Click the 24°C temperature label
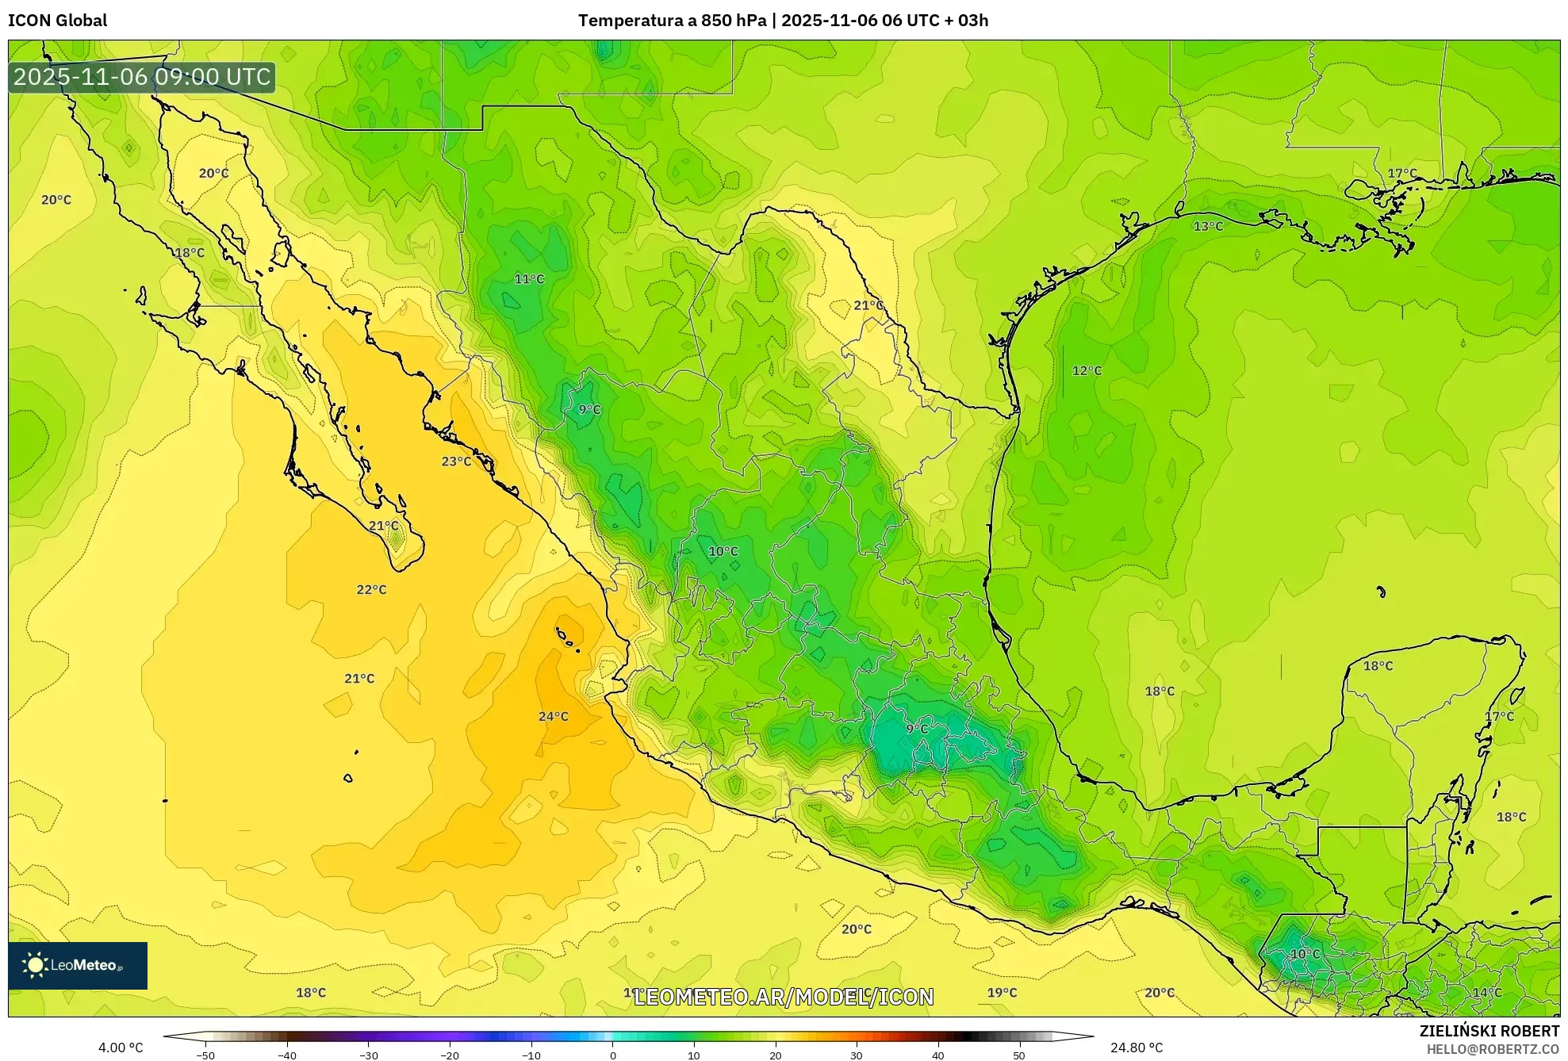553,716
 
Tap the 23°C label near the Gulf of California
456,461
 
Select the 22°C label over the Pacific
371,589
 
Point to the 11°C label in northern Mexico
529,278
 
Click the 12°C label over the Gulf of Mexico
1087,370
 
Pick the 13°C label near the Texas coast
1208,226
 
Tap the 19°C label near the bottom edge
1002,992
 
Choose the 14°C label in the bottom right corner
1487,992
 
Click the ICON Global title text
57,20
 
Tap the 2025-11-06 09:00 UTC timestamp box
142,77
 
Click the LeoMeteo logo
77,965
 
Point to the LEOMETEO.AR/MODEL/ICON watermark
784,996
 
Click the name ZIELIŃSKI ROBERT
1489,1031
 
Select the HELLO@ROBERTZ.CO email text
1493,1049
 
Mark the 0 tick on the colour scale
612,1055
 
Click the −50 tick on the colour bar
205,1055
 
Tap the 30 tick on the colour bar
857,1055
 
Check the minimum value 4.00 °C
121,1048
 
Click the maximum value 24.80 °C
1136,1048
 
